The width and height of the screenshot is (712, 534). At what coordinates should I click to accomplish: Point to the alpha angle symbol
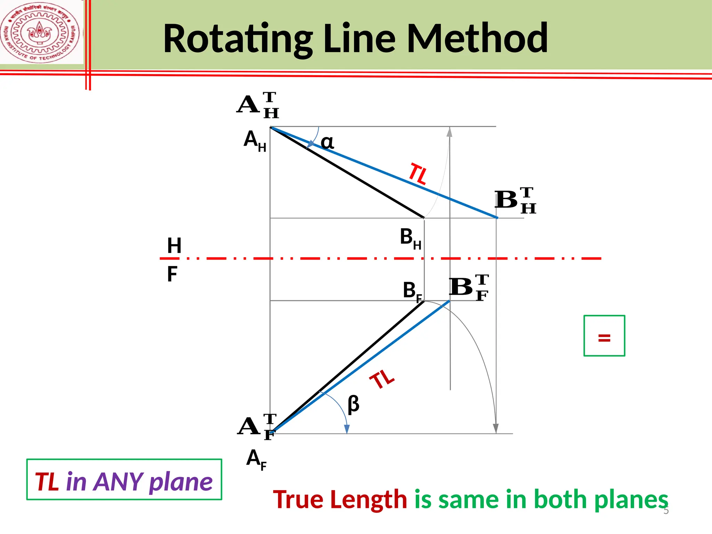click(327, 142)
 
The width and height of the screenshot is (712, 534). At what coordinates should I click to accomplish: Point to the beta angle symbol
click(353, 404)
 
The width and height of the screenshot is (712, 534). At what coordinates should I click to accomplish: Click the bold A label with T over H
click(258, 105)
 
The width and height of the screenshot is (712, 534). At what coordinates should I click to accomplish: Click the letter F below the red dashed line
click(172, 274)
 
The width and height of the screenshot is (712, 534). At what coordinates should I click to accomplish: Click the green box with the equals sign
click(604, 335)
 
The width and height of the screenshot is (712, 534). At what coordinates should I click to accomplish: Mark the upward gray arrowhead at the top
click(450, 132)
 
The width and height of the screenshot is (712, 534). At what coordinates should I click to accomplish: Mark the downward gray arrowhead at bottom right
click(496, 428)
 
